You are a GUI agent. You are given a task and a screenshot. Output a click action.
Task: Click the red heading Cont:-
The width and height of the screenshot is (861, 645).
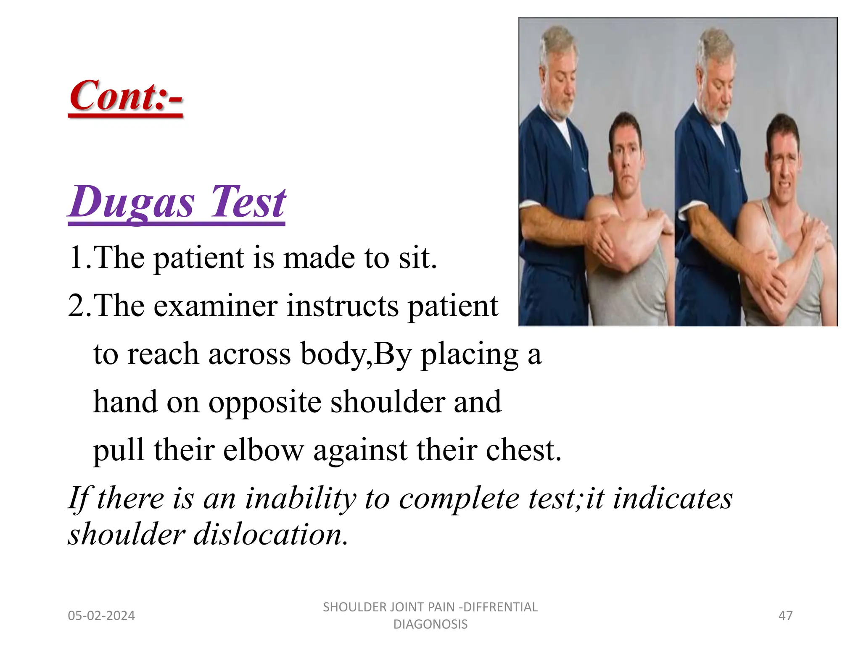[x=126, y=96]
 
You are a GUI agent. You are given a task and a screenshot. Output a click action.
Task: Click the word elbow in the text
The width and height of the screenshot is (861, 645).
[x=263, y=450]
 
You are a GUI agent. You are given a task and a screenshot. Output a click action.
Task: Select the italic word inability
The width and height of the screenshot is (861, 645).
[x=301, y=498]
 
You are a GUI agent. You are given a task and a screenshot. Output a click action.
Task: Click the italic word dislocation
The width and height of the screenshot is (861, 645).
[x=270, y=534]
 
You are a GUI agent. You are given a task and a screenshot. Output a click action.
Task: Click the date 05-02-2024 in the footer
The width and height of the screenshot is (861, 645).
[x=101, y=616]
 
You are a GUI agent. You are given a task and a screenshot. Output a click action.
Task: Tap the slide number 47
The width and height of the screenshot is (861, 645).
[x=785, y=616]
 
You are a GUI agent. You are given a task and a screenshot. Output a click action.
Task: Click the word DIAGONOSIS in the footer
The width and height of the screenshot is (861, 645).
[x=430, y=624]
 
